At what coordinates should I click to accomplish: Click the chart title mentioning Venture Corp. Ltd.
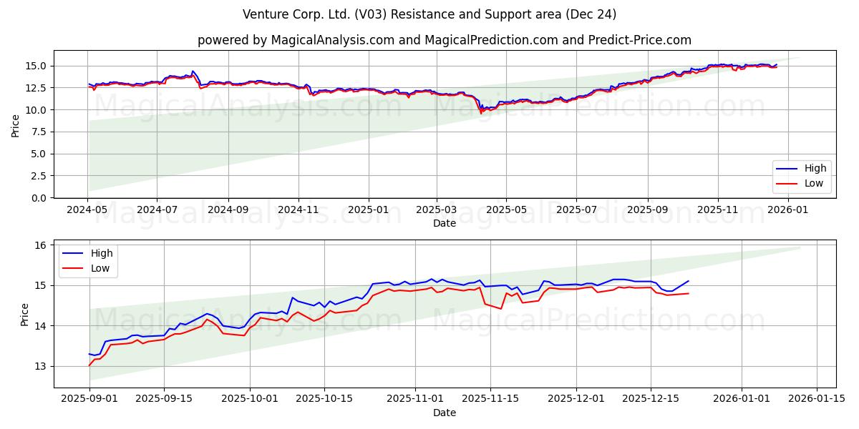(429, 14)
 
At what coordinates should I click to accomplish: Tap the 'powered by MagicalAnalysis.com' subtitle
(444, 40)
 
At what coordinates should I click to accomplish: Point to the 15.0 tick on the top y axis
(37, 66)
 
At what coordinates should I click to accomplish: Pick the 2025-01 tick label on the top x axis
(369, 210)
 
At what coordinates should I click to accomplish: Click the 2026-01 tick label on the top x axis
(787, 210)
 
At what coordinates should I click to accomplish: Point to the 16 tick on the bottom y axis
(40, 245)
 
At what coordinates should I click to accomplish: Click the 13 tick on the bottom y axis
(40, 366)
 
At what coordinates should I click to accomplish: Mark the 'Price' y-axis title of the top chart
(16, 124)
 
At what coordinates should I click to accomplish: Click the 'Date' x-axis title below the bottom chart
(445, 413)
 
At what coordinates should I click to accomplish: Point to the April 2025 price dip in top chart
(481, 112)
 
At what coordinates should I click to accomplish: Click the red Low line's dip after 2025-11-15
(500, 308)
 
